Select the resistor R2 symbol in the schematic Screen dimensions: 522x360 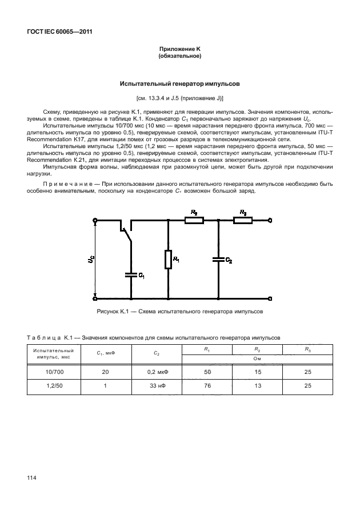194,220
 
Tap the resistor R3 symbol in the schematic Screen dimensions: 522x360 243,220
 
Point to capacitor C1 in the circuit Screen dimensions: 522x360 131,274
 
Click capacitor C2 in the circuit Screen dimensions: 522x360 218,259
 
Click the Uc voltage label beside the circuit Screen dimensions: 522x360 90,259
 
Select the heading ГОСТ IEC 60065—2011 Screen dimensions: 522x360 60,31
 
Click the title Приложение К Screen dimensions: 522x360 179,50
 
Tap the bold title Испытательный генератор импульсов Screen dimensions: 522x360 179,83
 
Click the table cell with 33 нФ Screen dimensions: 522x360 157,386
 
